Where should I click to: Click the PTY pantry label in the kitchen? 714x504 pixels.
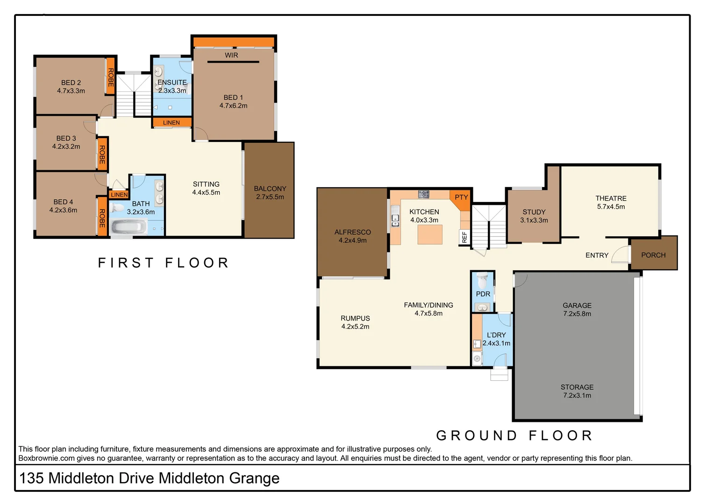(x=461, y=197)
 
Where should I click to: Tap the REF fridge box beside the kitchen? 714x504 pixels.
(x=464, y=237)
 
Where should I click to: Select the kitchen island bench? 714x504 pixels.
(x=430, y=234)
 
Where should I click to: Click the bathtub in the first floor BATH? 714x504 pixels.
(x=129, y=228)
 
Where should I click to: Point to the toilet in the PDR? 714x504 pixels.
(x=483, y=280)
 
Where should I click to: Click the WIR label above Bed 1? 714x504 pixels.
(x=231, y=55)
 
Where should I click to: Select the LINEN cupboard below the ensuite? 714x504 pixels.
(x=171, y=123)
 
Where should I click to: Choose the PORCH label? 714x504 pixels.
(x=653, y=255)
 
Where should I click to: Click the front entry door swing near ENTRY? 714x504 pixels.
(x=621, y=254)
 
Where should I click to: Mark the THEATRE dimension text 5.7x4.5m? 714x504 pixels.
(x=611, y=207)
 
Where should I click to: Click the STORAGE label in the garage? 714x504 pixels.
(x=577, y=387)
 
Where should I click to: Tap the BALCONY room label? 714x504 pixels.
(x=270, y=189)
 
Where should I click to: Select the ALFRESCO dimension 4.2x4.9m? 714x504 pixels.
(x=353, y=241)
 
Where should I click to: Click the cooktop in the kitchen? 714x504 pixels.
(x=423, y=194)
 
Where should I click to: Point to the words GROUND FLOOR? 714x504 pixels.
(x=514, y=435)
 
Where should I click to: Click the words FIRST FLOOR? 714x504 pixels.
(x=164, y=263)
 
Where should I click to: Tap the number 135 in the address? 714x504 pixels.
(x=31, y=478)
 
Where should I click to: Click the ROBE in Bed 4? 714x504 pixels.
(x=102, y=217)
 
